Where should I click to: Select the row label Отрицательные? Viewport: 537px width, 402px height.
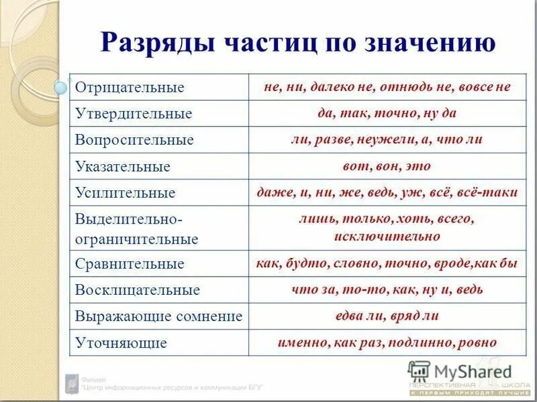[x=129, y=88]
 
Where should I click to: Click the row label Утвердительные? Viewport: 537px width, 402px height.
[x=134, y=114]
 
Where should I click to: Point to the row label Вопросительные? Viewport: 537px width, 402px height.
[x=134, y=140]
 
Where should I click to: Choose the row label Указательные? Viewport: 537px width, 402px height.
[x=122, y=166]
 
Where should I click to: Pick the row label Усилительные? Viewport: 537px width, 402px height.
[x=125, y=193]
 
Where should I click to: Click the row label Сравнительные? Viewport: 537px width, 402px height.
[x=129, y=263]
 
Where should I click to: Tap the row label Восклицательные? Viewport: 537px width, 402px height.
[x=138, y=290]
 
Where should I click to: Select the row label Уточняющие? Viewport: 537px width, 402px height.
[x=120, y=343]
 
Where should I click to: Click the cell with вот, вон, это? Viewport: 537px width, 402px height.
[x=388, y=165]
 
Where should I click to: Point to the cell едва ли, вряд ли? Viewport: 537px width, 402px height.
[x=387, y=316]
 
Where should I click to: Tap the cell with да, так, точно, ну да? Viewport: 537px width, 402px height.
[x=387, y=113]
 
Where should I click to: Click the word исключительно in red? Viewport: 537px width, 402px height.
[x=387, y=236]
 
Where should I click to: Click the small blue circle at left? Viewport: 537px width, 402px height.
[x=61, y=87]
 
